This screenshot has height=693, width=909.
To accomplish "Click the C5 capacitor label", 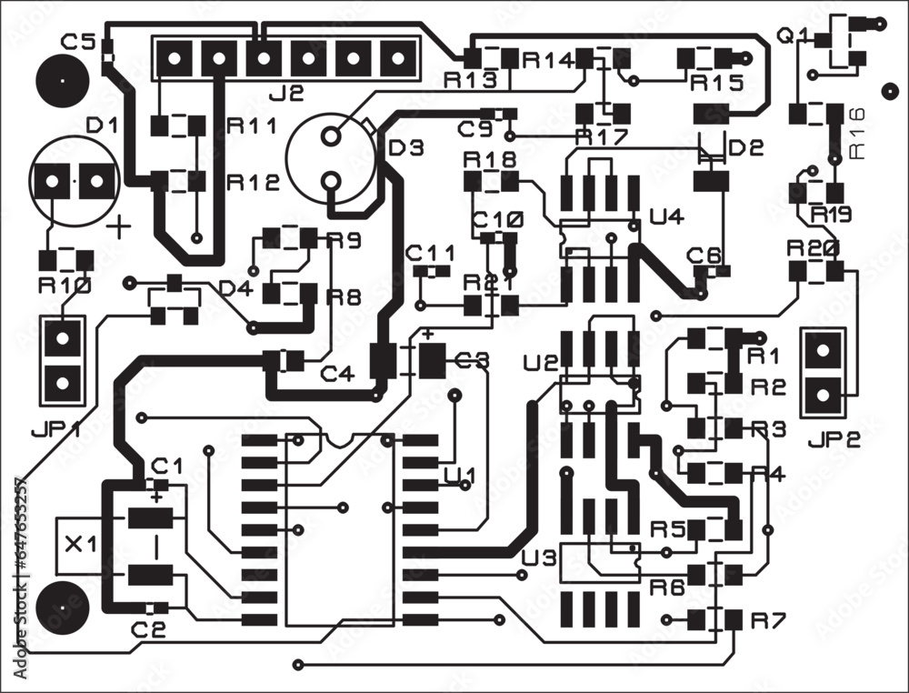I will point(77,41).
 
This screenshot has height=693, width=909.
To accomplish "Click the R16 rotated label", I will point(858,133).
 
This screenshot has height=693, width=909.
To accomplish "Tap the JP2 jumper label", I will point(833,440).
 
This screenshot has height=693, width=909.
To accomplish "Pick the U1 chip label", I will point(460,475).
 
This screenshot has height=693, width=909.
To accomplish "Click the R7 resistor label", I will point(767,620).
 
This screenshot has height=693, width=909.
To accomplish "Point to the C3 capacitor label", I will point(472,360).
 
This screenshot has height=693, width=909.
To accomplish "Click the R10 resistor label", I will point(63,286).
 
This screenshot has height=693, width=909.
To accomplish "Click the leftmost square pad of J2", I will point(173,60).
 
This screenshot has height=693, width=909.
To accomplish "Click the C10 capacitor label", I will point(497,219).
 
